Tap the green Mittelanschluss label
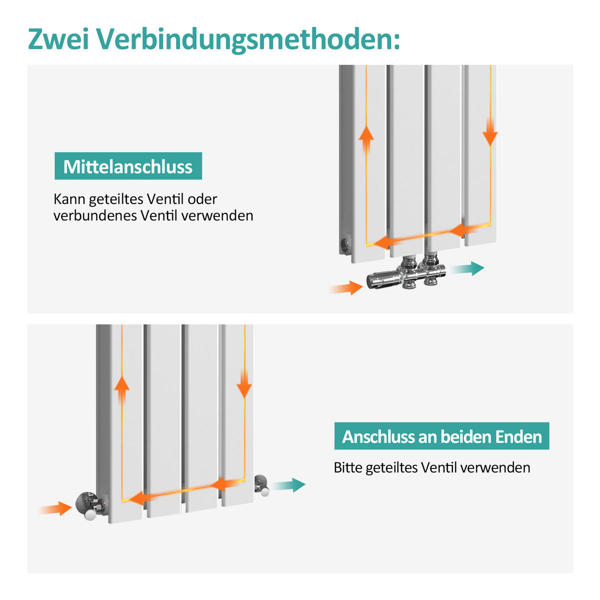point(128,166)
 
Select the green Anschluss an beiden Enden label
point(441,436)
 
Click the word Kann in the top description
point(69,199)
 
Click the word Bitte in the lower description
point(348,467)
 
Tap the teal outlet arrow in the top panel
point(467,268)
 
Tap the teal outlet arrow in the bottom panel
point(289,484)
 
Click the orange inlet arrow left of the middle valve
point(346,287)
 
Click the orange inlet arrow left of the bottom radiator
point(55,508)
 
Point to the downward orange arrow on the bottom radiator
point(244,384)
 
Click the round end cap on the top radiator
point(345,244)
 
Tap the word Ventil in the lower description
point(439,467)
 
